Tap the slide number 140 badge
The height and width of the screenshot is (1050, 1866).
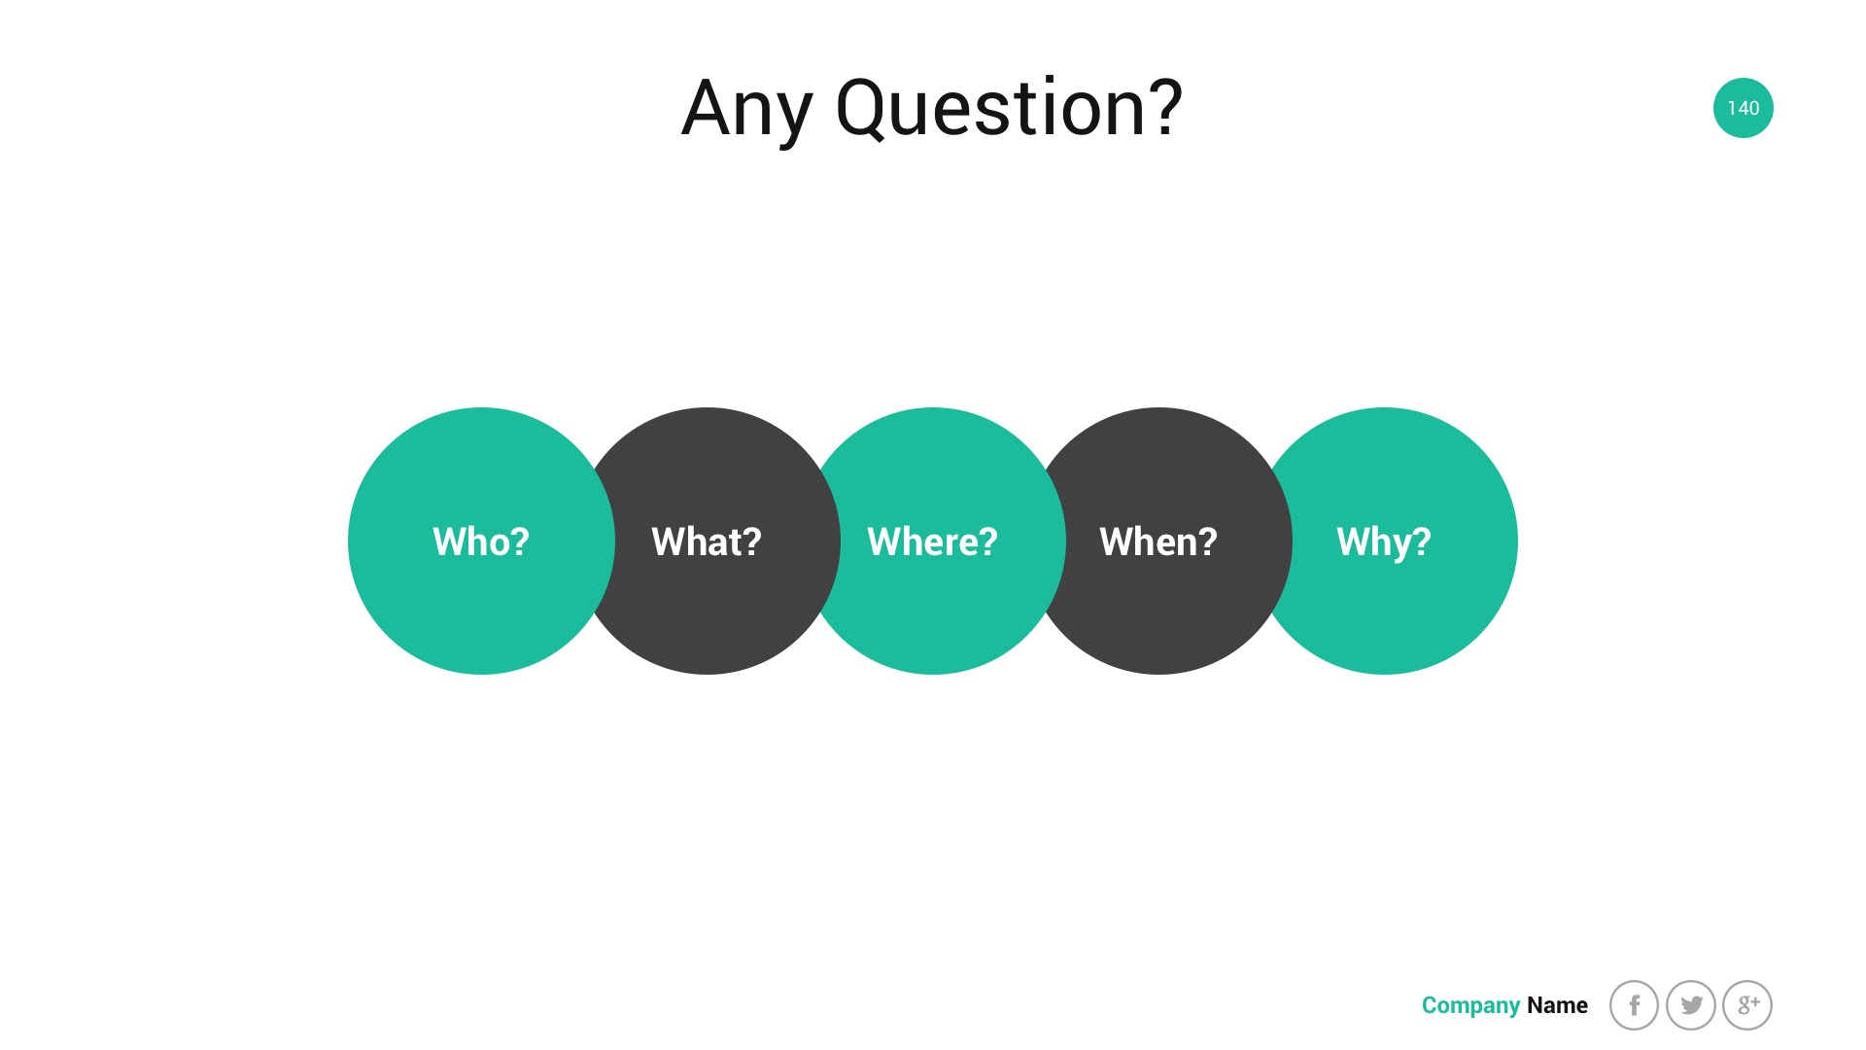[1743, 108]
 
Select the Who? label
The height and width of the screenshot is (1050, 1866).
[481, 542]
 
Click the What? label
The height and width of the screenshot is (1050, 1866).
[707, 542]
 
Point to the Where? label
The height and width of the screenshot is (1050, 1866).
[932, 542]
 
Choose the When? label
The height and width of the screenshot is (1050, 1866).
[1158, 542]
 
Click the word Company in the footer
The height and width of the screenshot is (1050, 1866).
[1470, 1006]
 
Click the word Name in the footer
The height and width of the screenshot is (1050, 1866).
[1557, 1005]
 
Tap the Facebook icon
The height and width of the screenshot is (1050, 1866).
[1634, 1005]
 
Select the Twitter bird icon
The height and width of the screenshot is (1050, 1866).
[1691, 1005]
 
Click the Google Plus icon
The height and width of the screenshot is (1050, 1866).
[1747, 1005]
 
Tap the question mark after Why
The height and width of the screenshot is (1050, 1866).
[1421, 542]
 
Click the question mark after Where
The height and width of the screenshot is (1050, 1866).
[987, 542]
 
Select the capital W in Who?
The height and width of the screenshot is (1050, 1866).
[450, 542]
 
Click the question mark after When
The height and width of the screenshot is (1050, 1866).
[1206, 542]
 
